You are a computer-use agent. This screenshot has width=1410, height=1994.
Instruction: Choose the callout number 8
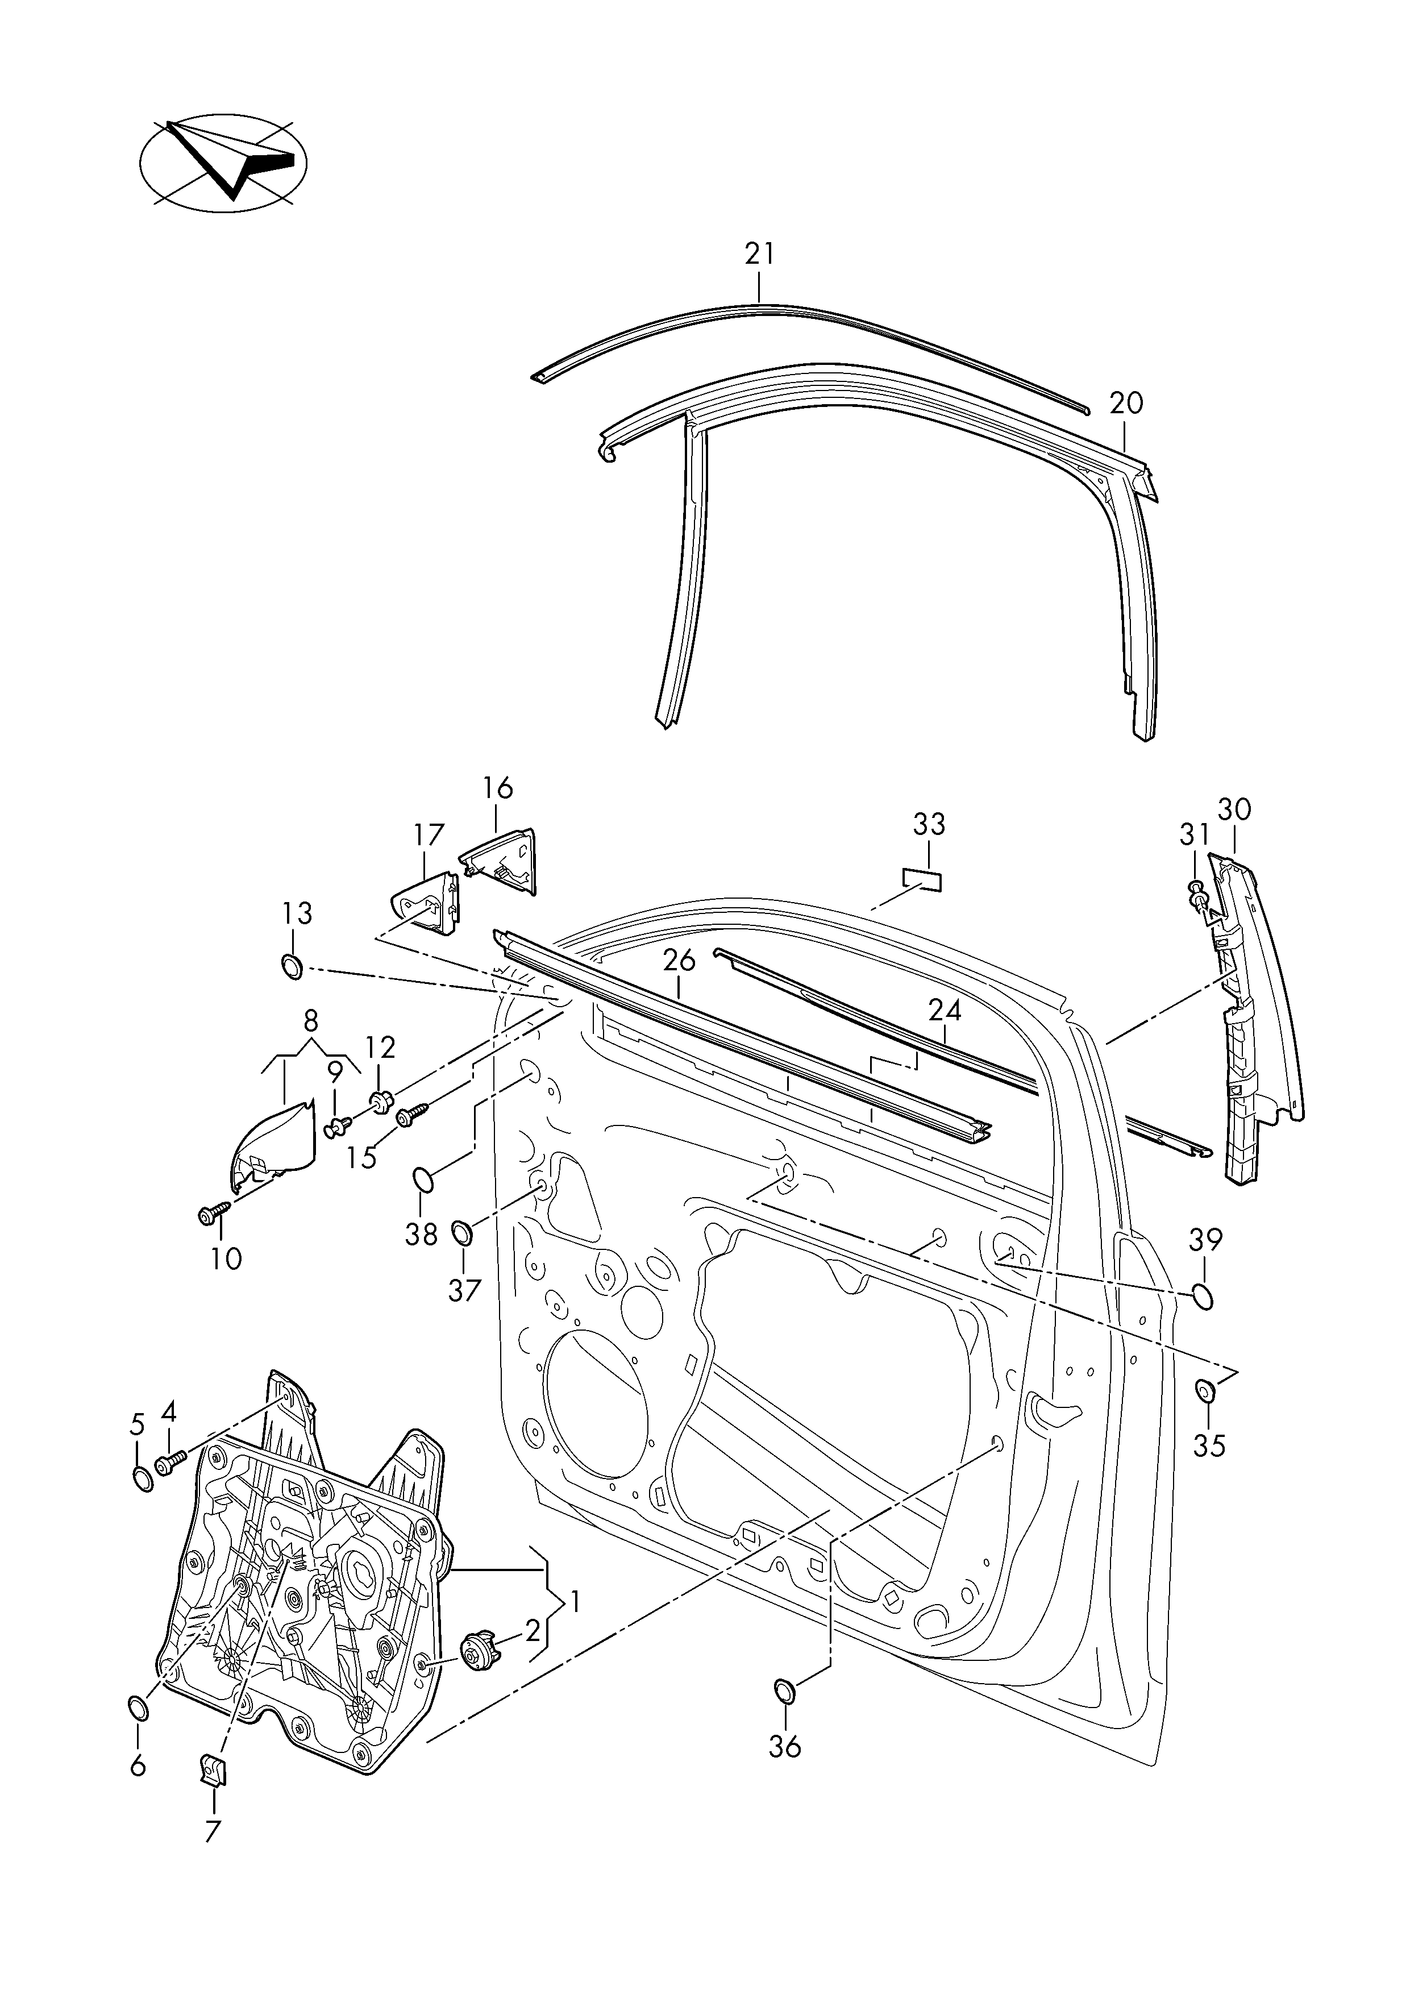[311, 1020]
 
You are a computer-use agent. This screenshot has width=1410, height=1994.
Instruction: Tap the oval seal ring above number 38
[423, 1178]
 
